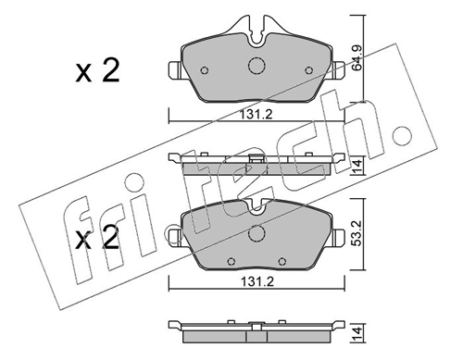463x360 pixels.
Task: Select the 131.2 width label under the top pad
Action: (x=257, y=115)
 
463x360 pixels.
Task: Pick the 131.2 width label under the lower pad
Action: (x=257, y=281)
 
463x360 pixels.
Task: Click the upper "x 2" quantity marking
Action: (x=97, y=71)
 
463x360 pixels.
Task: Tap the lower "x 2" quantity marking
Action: (x=97, y=237)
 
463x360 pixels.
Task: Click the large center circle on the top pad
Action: (x=257, y=66)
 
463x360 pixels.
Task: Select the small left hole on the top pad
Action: (x=205, y=70)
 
